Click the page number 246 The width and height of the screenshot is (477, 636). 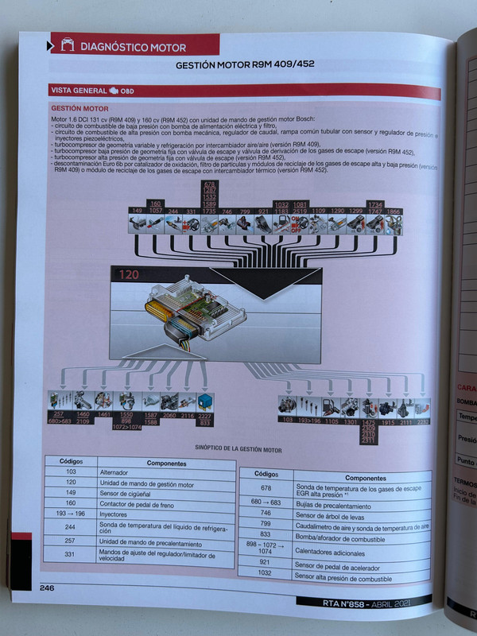[48, 588]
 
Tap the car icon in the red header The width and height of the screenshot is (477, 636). [68, 46]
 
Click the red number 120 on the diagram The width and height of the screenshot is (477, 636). [129, 276]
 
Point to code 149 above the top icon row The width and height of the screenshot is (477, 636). [137, 211]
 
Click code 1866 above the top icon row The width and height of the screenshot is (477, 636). [394, 211]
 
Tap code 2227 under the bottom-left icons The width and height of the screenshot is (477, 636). [204, 416]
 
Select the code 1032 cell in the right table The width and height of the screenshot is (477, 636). [266, 572]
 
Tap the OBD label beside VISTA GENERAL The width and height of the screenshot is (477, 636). [127, 91]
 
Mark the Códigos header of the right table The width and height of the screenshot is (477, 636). [266, 473]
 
